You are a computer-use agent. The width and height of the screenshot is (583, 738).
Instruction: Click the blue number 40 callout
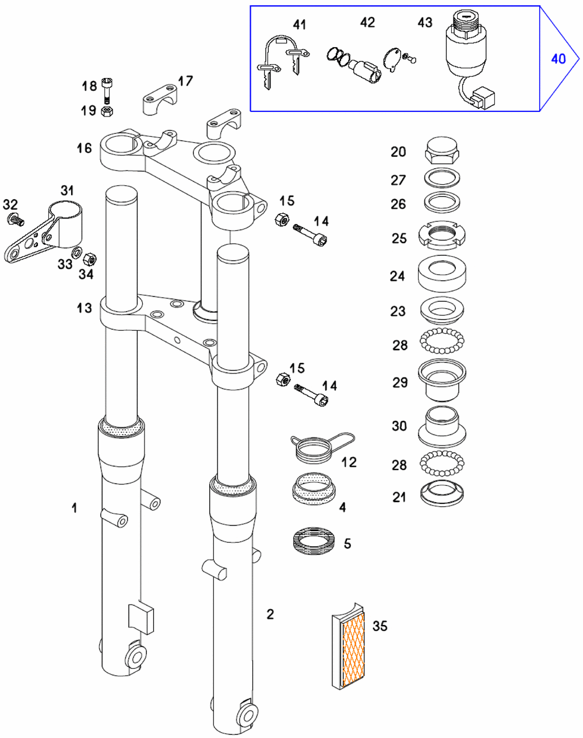click(558, 58)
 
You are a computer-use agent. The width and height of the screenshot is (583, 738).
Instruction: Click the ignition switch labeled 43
click(466, 47)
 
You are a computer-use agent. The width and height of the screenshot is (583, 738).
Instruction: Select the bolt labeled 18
click(107, 89)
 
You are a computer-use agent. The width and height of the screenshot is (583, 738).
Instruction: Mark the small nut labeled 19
click(107, 111)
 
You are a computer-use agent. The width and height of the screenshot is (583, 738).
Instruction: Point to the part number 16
click(85, 148)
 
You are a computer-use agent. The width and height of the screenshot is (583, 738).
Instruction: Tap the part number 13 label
click(85, 308)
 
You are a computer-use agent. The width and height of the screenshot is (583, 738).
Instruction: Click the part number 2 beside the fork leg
click(270, 614)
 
